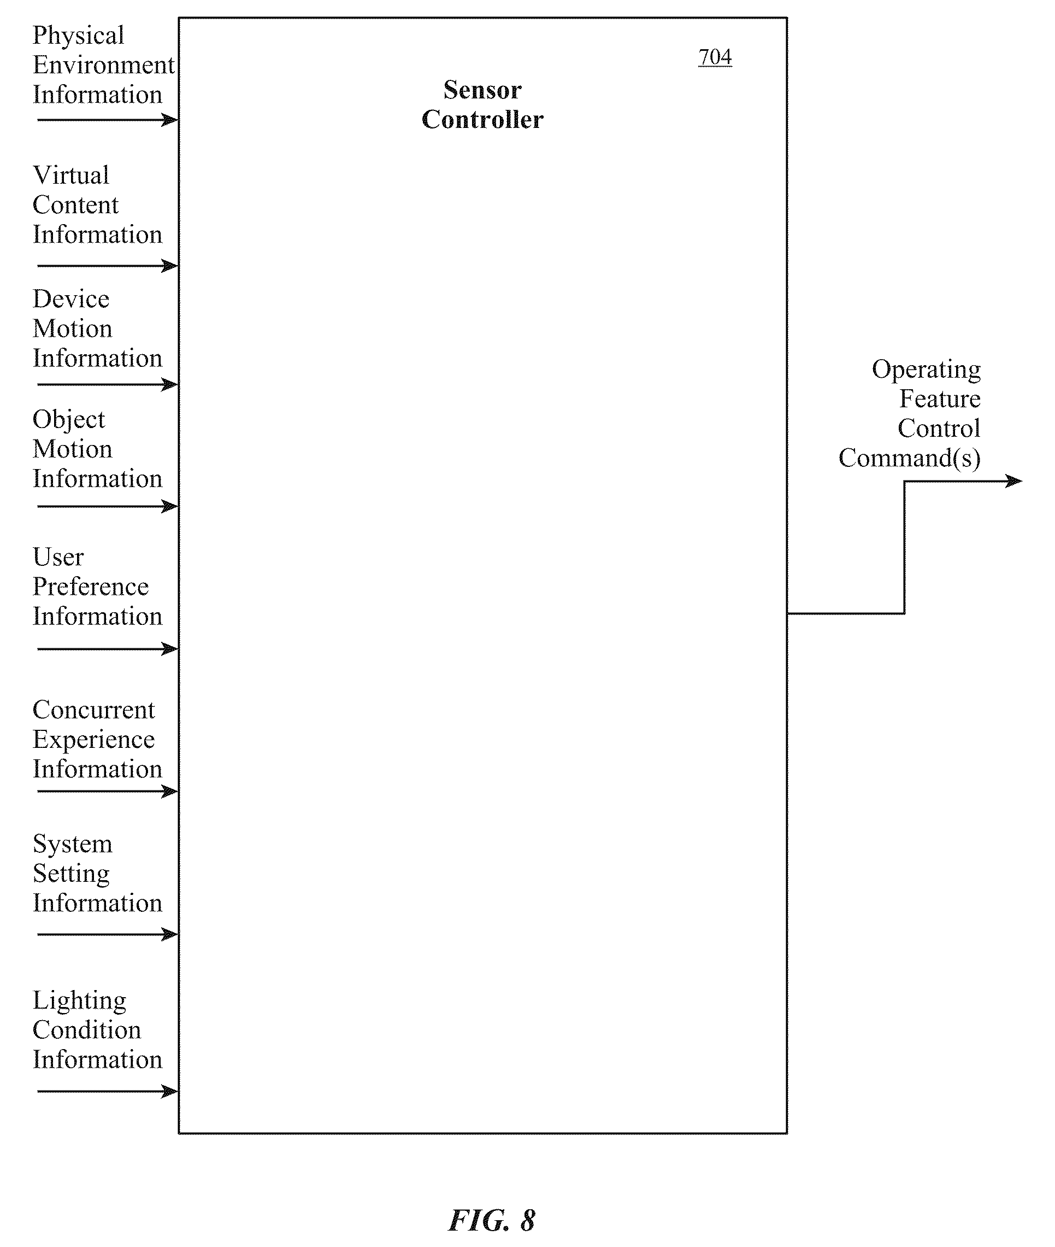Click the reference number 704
coord(715,57)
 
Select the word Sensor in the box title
coord(482,90)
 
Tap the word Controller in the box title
coord(482,120)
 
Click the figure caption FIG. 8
coord(492,1220)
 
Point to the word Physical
coord(78,36)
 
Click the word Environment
coord(103,65)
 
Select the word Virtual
coord(71,175)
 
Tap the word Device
coord(71,299)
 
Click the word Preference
coord(90,587)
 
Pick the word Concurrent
coord(94,710)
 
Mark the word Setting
coord(71,874)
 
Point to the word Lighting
coord(80,1001)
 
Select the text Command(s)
coord(910,458)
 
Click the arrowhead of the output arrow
coord(1016,481)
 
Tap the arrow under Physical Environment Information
coord(108,120)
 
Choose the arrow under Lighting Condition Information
coord(108,1091)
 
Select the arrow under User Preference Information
coord(108,649)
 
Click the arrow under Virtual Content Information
coord(108,266)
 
